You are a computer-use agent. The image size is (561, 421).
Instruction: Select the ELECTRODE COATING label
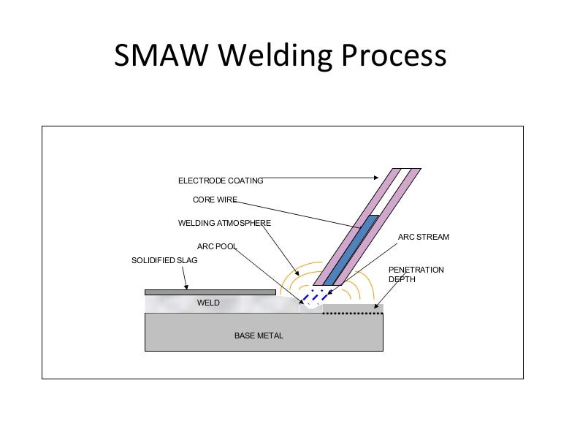point(221,181)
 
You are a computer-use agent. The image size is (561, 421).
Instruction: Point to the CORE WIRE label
point(215,200)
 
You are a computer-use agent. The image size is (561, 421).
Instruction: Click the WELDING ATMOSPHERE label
point(224,223)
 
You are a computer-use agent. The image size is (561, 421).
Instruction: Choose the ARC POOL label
point(217,246)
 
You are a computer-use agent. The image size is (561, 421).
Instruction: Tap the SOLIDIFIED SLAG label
point(164,260)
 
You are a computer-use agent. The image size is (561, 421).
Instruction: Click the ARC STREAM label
point(424,238)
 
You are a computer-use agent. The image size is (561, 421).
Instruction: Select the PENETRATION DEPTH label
point(415,275)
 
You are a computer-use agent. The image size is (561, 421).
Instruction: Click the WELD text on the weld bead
point(208,303)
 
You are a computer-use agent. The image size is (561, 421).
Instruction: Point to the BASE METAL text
point(259,335)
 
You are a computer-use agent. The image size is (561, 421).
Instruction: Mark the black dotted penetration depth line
point(354,314)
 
